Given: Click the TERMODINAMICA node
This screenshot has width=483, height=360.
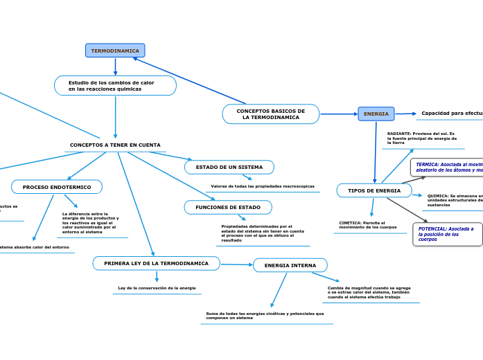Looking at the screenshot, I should click(115, 51).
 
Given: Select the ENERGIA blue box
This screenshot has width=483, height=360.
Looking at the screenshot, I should click(376, 114).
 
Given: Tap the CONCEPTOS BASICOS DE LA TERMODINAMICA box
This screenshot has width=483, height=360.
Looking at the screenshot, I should click(271, 114).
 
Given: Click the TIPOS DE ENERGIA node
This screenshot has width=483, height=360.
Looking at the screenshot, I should click(374, 190).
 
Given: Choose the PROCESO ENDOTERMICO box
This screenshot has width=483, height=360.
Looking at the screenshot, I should click(57, 187).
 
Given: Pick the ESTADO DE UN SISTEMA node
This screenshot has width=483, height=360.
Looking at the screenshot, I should click(229, 168).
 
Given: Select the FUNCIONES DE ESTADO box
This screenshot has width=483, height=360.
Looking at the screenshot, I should click(228, 207).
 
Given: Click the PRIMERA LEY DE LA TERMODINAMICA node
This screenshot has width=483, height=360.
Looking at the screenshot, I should click(157, 264).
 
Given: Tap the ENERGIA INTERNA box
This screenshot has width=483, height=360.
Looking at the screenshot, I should click(290, 265).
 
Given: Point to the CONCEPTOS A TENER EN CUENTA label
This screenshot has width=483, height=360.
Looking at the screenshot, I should click(115, 145).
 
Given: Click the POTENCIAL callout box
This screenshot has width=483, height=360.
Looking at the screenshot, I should click(447, 234).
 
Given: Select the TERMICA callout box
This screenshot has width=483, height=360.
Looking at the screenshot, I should click(448, 167).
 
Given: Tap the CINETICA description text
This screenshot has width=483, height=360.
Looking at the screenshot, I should click(368, 225).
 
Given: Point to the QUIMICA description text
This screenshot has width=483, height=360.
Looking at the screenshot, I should click(454, 200).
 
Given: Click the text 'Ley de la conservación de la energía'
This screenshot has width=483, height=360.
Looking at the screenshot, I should click(157, 288).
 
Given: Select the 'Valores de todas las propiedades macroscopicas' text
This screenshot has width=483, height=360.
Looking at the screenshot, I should click(263, 186).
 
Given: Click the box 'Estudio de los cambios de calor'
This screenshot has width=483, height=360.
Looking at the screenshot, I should click(115, 86).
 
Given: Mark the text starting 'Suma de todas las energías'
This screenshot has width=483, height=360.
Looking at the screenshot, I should click(265, 316).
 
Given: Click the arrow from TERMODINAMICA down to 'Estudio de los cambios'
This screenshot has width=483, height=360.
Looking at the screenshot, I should click(115, 66).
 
